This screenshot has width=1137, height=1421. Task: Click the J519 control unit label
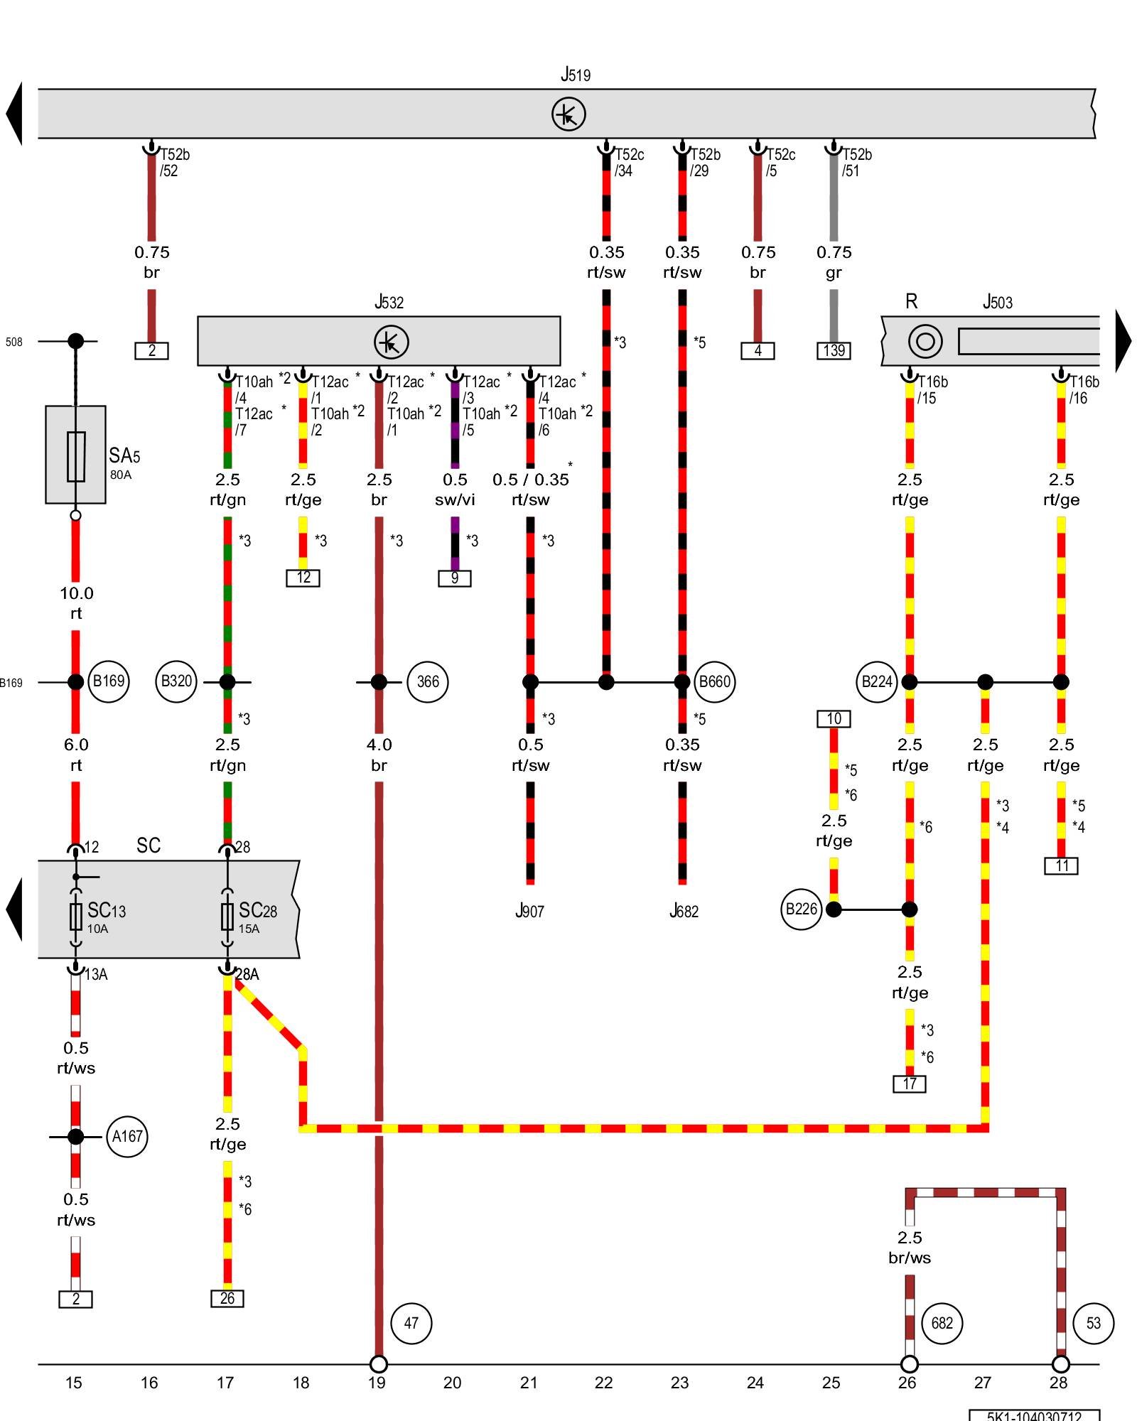(x=575, y=75)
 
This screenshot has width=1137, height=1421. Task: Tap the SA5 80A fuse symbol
(x=76, y=456)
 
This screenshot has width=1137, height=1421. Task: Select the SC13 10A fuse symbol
(x=76, y=917)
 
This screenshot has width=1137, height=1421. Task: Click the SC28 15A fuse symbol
(x=227, y=917)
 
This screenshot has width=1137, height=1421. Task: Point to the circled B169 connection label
(x=109, y=681)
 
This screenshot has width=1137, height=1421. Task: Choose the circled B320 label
(x=176, y=681)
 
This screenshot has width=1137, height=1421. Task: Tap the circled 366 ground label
(x=427, y=682)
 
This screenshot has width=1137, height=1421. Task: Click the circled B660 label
(x=714, y=682)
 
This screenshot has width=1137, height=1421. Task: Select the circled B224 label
(x=877, y=682)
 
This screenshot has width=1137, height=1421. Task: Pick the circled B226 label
(x=801, y=909)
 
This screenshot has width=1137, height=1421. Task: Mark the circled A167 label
(x=127, y=1137)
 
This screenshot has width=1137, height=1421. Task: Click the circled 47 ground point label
(x=411, y=1323)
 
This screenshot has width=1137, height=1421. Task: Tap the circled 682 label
(x=942, y=1323)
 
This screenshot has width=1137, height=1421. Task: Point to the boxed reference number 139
(x=834, y=350)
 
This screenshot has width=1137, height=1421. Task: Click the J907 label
(x=529, y=912)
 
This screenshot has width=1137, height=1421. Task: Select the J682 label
(x=684, y=912)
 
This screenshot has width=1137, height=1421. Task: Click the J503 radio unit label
(x=997, y=303)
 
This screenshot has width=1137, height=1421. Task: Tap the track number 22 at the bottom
(x=603, y=1383)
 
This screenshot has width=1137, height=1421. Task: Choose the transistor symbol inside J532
(x=391, y=342)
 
